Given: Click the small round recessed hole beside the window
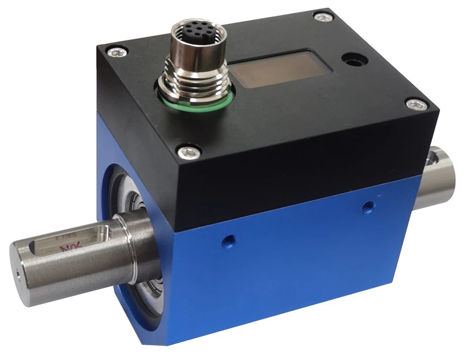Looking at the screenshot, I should (x=355, y=61).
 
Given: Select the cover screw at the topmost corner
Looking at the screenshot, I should (x=322, y=17).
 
